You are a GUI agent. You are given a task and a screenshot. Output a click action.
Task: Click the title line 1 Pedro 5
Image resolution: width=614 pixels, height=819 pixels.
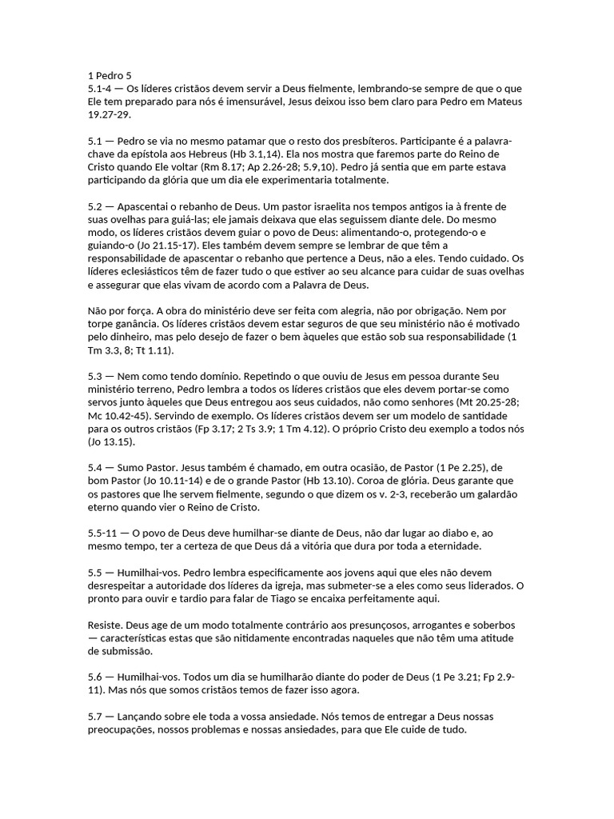(110, 76)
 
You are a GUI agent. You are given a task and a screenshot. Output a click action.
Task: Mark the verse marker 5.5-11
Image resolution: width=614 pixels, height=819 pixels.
(103, 532)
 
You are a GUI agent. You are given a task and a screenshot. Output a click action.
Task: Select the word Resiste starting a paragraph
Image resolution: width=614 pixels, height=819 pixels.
(104, 625)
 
